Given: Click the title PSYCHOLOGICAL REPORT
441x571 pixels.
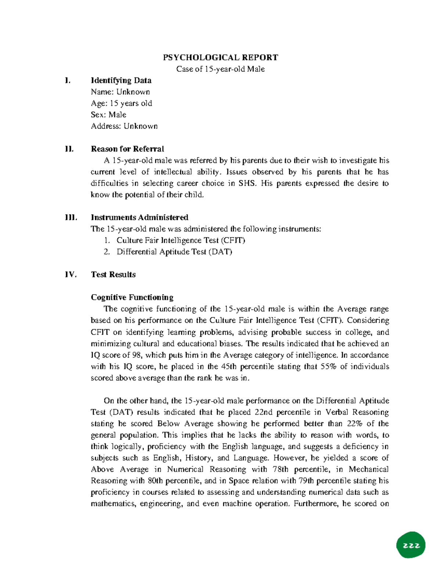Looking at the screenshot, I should pyautogui.click(x=220, y=57).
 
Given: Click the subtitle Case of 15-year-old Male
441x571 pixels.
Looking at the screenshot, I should pyautogui.click(x=220, y=69).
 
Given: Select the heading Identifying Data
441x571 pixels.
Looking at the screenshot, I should pyautogui.click(x=121, y=81).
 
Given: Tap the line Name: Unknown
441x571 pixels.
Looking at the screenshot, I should pyautogui.click(x=120, y=92).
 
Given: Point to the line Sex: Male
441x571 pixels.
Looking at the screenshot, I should pyautogui.click(x=108, y=115).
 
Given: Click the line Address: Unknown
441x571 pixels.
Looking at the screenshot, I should pyautogui.click(x=124, y=126).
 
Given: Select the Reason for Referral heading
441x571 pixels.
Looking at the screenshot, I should pyautogui.click(x=127, y=149).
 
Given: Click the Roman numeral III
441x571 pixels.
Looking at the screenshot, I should pyautogui.click(x=71, y=217).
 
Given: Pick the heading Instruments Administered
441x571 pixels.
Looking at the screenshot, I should pyautogui.click(x=139, y=217).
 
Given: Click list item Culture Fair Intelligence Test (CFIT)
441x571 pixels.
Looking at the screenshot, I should pyautogui.click(x=180, y=240).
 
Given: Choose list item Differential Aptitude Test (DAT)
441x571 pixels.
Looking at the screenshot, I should pyautogui.click(x=174, y=252).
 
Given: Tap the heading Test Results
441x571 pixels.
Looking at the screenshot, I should pyautogui.click(x=113, y=275).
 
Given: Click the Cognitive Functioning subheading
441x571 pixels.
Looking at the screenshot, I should pyautogui.click(x=132, y=297).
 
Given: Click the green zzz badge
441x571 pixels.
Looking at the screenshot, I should pyautogui.click(x=411, y=545).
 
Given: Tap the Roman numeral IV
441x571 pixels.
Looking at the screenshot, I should pyautogui.click(x=71, y=275).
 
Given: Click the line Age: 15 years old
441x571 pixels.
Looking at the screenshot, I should pyautogui.click(x=121, y=103).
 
